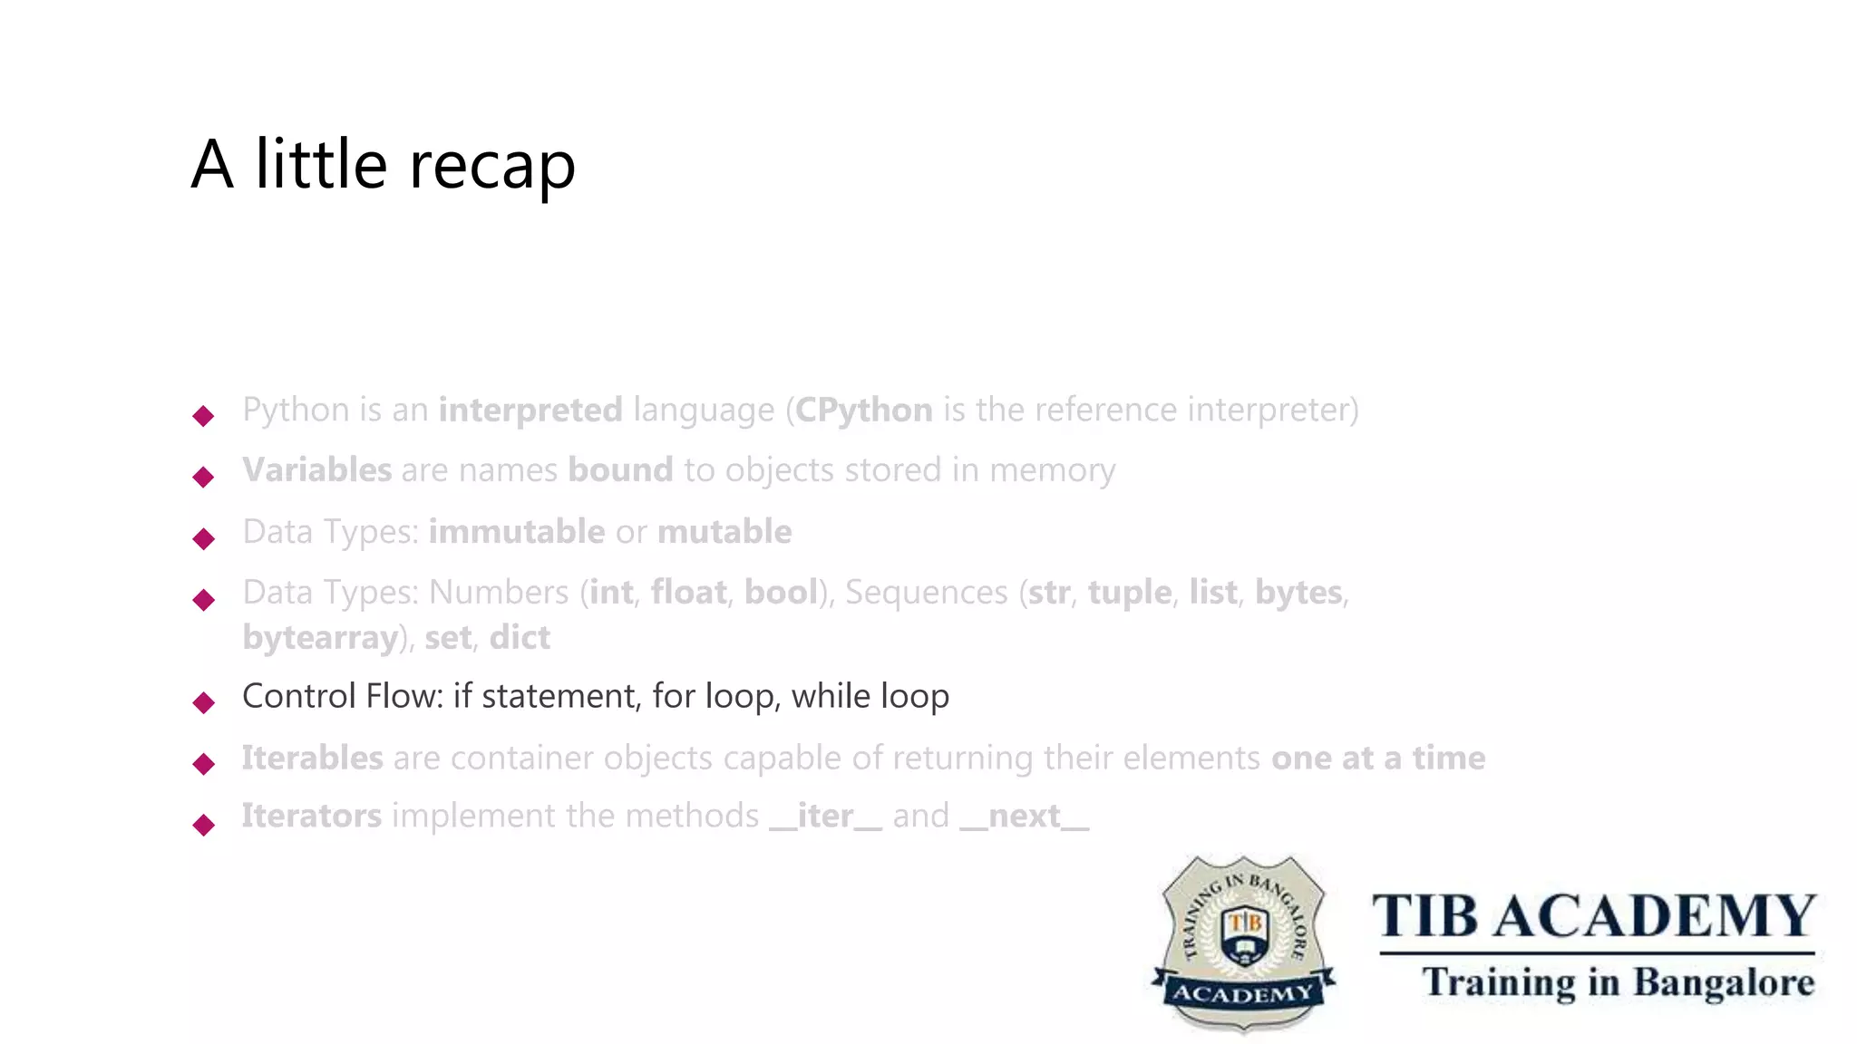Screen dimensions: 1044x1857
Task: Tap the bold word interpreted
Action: coord(530,411)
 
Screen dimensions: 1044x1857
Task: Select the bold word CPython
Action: coord(863,411)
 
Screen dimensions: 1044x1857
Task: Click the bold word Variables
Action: coord(316,470)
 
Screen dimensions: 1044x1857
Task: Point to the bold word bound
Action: coord(620,470)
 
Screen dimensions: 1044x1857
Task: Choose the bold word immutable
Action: coord(516,532)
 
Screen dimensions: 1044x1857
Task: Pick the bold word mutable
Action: coord(724,532)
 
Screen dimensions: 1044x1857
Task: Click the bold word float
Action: coord(688,593)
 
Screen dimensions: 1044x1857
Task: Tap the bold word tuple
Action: coord(1129,593)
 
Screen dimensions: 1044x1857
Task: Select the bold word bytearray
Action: coord(320,638)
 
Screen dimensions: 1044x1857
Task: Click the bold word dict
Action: coord(520,638)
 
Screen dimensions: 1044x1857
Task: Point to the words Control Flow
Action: coord(342,697)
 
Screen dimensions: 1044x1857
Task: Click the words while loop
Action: coord(870,697)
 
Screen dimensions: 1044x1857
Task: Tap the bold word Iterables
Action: coord(312,759)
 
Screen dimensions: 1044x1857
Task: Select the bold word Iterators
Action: coord(311,817)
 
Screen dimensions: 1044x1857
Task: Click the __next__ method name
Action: coord(1024,817)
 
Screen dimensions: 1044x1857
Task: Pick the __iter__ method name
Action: coord(825,817)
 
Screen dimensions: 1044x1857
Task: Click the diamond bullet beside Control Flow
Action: coord(204,702)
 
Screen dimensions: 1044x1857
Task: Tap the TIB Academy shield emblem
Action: coord(1243,942)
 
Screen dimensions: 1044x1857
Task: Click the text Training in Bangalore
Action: coord(1618,982)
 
